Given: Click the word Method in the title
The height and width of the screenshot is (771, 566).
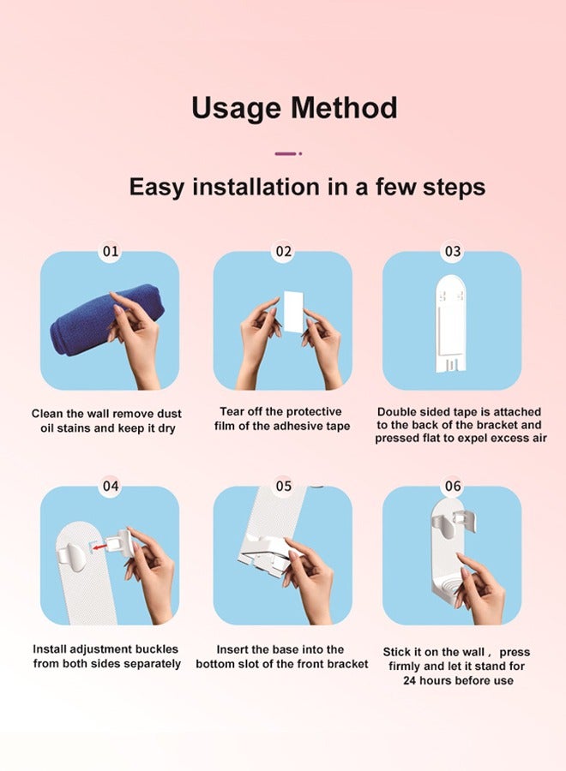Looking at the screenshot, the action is point(344,107).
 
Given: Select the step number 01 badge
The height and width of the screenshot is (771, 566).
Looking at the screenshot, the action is point(111,251).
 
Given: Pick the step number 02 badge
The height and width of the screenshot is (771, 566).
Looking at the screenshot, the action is point(284,251).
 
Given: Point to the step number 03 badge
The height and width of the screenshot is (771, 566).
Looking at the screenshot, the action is point(452,251).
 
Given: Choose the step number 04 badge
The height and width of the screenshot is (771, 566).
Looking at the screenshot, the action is point(111,486).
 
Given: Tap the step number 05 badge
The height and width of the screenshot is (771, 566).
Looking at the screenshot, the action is point(284,486).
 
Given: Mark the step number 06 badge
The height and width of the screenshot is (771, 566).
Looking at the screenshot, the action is point(452,486).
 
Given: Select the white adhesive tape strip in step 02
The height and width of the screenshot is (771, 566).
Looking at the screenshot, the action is point(293,311).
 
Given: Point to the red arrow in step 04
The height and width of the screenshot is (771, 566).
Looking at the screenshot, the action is point(100,547).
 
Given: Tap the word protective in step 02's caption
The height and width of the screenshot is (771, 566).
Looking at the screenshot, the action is point(314,411).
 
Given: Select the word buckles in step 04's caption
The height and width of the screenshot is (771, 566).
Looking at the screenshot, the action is point(157,649).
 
